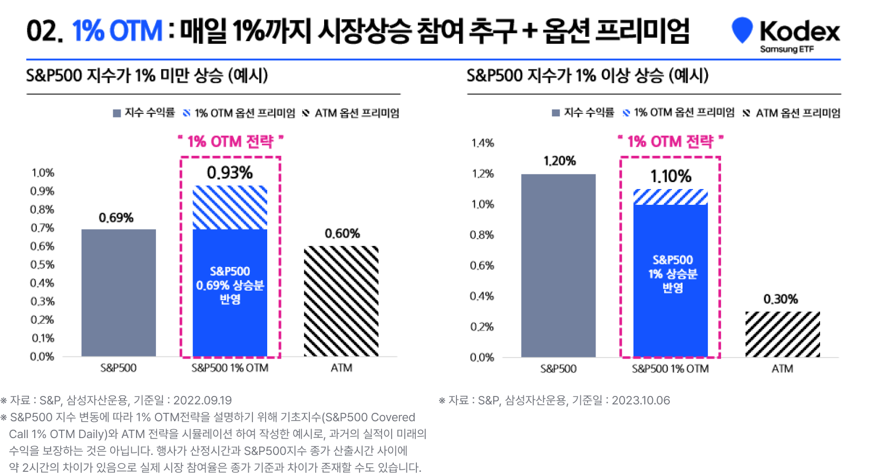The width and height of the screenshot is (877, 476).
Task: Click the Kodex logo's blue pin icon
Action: click(x=742, y=29)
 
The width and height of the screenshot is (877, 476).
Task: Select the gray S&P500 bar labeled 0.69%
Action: click(x=119, y=293)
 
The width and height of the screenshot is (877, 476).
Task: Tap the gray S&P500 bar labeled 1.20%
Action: click(x=558, y=265)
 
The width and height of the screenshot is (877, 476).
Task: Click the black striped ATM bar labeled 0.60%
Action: click(x=341, y=301)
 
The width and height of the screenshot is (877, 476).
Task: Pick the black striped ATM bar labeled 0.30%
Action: click(x=782, y=334)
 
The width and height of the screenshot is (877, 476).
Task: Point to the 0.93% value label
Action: click(x=230, y=173)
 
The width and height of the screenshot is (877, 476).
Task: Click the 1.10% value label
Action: click(x=670, y=176)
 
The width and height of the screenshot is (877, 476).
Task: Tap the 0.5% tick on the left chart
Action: click(x=42, y=265)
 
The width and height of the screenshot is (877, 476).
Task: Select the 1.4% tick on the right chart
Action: click(x=482, y=143)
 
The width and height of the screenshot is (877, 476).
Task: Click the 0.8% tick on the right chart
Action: click(x=482, y=235)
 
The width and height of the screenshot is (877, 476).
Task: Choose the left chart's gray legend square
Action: click(x=117, y=113)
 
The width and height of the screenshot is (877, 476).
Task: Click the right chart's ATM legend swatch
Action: click(x=746, y=113)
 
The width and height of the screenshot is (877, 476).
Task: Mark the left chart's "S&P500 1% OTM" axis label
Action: click(x=230, y=368)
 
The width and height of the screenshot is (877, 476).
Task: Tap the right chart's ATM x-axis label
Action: click(x=782, y=369)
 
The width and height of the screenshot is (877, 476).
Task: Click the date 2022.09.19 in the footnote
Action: click(x=202, y=400)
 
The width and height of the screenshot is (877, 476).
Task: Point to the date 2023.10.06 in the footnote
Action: click(x=641, y=400)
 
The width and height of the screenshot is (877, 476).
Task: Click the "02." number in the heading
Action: click(x=44, y=31)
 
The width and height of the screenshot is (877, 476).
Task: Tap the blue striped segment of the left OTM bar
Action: click(x=230, y=207)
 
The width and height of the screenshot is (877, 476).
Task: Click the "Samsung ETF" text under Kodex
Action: click(x=786, y=49)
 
